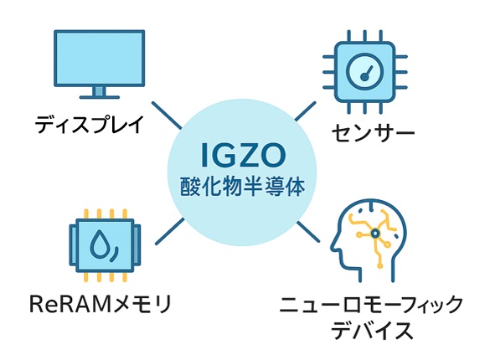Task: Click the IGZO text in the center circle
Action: pos(244,155)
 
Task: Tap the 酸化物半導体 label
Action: pos(243,187)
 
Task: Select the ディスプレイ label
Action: pos(90,124)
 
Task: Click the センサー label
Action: pos(373,132)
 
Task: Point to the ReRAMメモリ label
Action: pos(101,304)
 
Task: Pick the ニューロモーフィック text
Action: pos(370,304)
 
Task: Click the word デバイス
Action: pos(372,331)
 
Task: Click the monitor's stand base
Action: pos(100,97)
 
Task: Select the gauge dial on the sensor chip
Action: pos(365,72)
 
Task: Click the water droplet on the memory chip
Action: pos(100,244)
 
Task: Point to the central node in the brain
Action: pos(375,233)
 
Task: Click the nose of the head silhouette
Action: pos(333,246)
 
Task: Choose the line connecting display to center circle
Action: pos(167,116)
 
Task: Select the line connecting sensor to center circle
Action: pos(306,111)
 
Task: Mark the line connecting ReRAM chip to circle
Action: pos(170,231)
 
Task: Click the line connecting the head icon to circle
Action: pos(308,232)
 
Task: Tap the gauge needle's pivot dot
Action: pos(364,76)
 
